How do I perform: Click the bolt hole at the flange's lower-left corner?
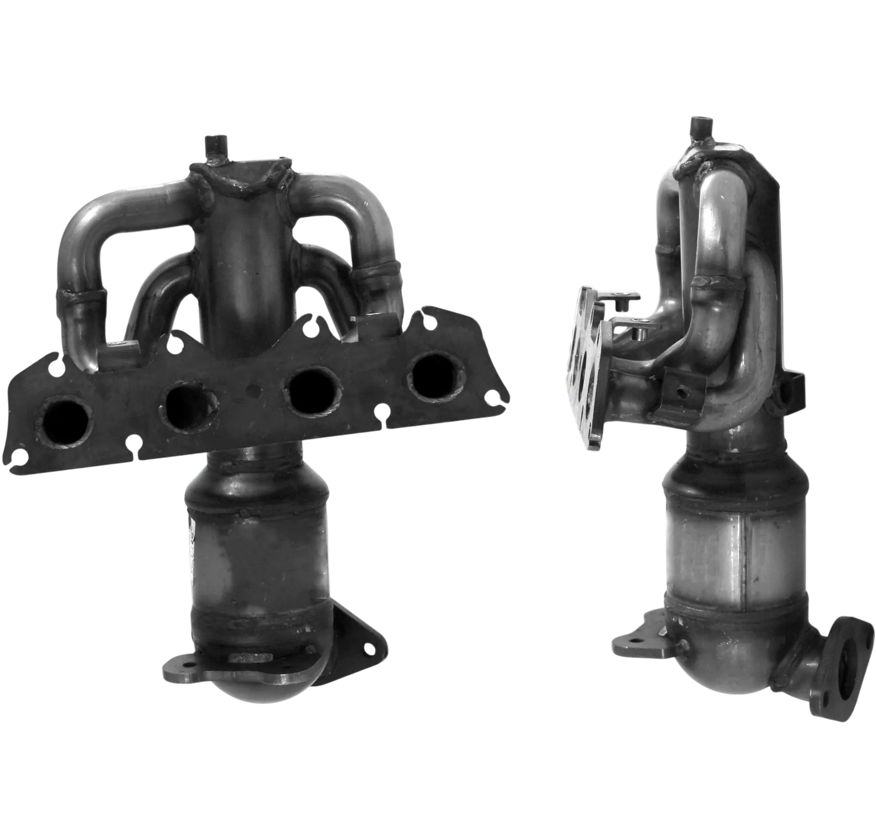tap(20, 456)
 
